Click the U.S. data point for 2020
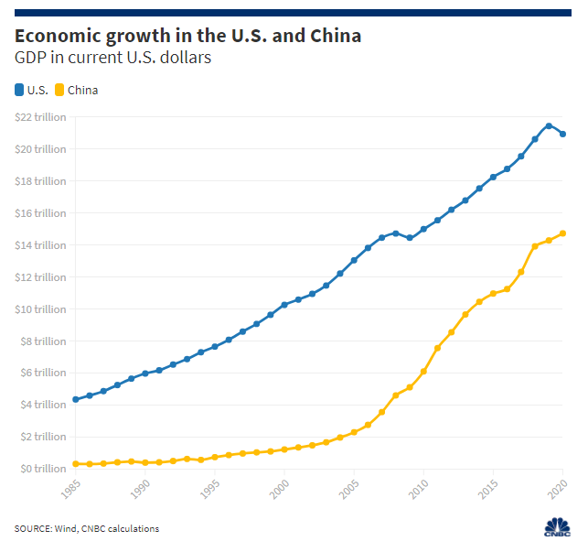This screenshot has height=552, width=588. (562, 134)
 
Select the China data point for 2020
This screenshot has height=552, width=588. (562, 233)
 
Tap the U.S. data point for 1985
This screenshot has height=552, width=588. (75, 399)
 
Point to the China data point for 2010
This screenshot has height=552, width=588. (423, 372)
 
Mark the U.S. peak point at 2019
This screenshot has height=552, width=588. (549, 125)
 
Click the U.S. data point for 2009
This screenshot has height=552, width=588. (410, 238)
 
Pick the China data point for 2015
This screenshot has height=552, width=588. (493, 294)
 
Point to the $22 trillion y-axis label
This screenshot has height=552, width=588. (41, 117)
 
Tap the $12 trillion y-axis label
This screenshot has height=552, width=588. (41, 277)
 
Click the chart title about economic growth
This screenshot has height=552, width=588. (187, 36)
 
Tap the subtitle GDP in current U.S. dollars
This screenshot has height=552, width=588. (112, 59)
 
